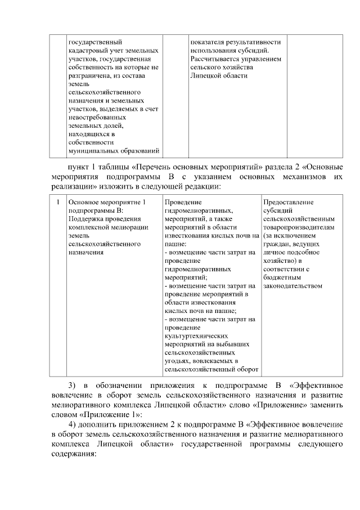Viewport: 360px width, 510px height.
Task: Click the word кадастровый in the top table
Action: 87,51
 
